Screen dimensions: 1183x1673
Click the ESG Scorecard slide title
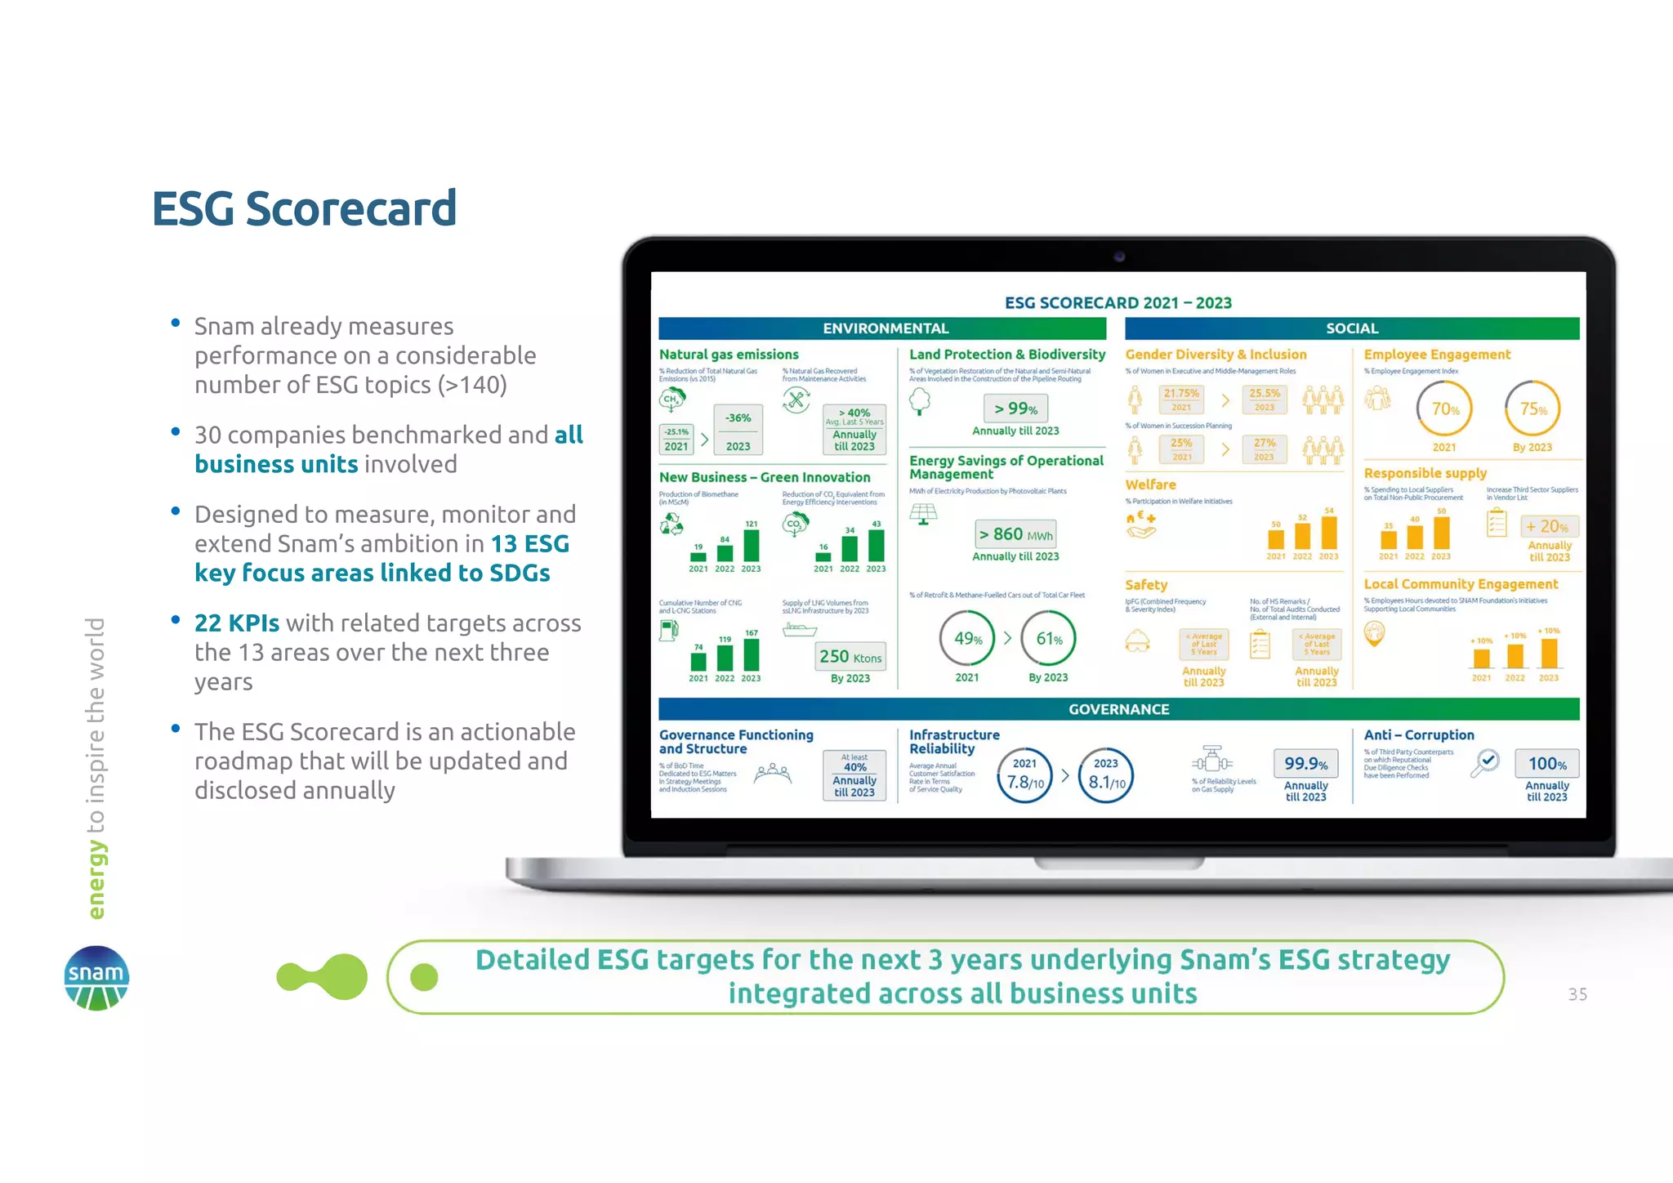[x=304, y=208]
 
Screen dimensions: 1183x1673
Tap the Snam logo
[x=96, y=978]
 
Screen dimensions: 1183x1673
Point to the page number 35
[x=1577, y=994]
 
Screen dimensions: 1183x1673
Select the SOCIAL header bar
[x=1351, y=328]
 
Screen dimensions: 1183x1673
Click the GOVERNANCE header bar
[x=1118, y=709]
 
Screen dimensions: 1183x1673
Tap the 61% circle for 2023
[x=1049, y=639]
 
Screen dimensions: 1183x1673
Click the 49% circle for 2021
[x=967, y=639]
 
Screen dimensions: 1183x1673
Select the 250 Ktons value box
[x=850, y=657]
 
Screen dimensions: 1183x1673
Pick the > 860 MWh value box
[x=1015, y=534]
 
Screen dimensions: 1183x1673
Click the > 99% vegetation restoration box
[x=1015, y=408]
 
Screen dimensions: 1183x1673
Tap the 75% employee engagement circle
[x=1532, y=408]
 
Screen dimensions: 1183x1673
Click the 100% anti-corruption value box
[x=1547, y=764]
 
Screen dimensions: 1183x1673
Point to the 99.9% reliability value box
[x=1305, y=764]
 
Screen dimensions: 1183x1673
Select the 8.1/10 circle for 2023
[x=1106, y=775]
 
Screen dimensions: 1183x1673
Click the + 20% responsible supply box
[x=1548, y=527]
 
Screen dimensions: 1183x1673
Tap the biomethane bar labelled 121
[x=752, y=545]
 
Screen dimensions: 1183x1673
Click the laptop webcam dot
[x=1119, y=257]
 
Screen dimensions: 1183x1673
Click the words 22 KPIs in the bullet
[x=237, y=623]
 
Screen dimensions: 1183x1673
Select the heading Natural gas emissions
[x=729, y=355]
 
